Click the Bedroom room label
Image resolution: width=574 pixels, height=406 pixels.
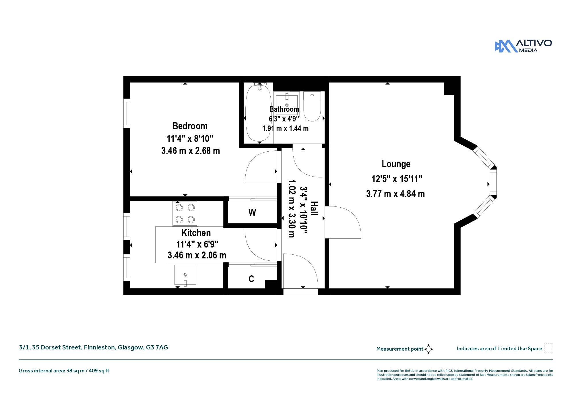pyautogui.click(x=190, y=126)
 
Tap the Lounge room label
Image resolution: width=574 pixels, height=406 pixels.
pyautogui.click(x=396, y=164)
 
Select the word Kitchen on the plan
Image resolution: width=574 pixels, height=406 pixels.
pyautogui.click(x=196, y=233)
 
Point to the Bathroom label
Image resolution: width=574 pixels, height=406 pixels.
pyautogui.click(x=284, y=109)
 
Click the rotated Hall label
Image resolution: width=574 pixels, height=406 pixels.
pyautogui.click(x=314, y=208)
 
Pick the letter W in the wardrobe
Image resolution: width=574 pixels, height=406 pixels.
pyautogui.click(x=252, y=212)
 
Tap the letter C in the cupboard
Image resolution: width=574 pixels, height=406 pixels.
pyautogui.click(x=251, y=279)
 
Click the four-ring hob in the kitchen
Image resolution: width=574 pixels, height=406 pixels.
pyautogui.click(x=185, y=214)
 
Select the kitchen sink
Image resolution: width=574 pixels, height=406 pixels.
pyautogui.click(x=185, y=275)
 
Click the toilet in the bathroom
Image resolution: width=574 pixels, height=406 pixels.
pyautogui.click(x=312, y=106)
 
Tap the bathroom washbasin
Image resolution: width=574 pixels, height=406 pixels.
pyautogui.click(x=287, y=101)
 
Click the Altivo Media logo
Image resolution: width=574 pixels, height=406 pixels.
pyautogui.click(x=523, y=46)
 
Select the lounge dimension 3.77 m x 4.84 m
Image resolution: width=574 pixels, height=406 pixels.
pyautogui.click(x=395, y=194)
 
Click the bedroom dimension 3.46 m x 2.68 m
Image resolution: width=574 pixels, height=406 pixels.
pyautogui.click(x=191, y=151)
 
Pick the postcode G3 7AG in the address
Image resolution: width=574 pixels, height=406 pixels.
pyautogui.click(x=157, y=347)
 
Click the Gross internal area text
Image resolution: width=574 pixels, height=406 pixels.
pyautogui.click(x=64, y=371)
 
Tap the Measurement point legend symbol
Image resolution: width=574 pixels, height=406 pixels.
pyautogui.click(x=428, y=349)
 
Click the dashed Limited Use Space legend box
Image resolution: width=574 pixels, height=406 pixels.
pyautogui.click(x=548, y=348)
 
